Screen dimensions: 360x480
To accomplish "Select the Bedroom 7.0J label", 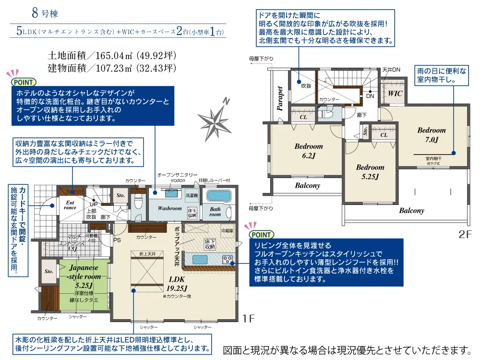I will [x=431, y=135].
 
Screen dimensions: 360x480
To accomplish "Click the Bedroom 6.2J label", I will [x=309, y=151].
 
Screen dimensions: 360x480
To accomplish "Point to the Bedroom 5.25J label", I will [x=370, y=172].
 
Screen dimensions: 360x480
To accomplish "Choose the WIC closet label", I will [x=396, y=94].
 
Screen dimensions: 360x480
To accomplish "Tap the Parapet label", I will [x=280, y=98].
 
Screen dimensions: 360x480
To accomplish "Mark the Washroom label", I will [x=170, y=209].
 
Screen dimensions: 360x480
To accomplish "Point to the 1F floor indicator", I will [x=248, y=317].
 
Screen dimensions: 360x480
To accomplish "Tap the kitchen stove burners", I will [x=227, y=259].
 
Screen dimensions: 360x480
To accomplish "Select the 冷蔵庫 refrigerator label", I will [x=227, y=231].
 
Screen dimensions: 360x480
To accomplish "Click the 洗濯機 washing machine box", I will [x=192, y=195].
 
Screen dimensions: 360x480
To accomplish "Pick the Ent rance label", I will [x=70, y=205].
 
